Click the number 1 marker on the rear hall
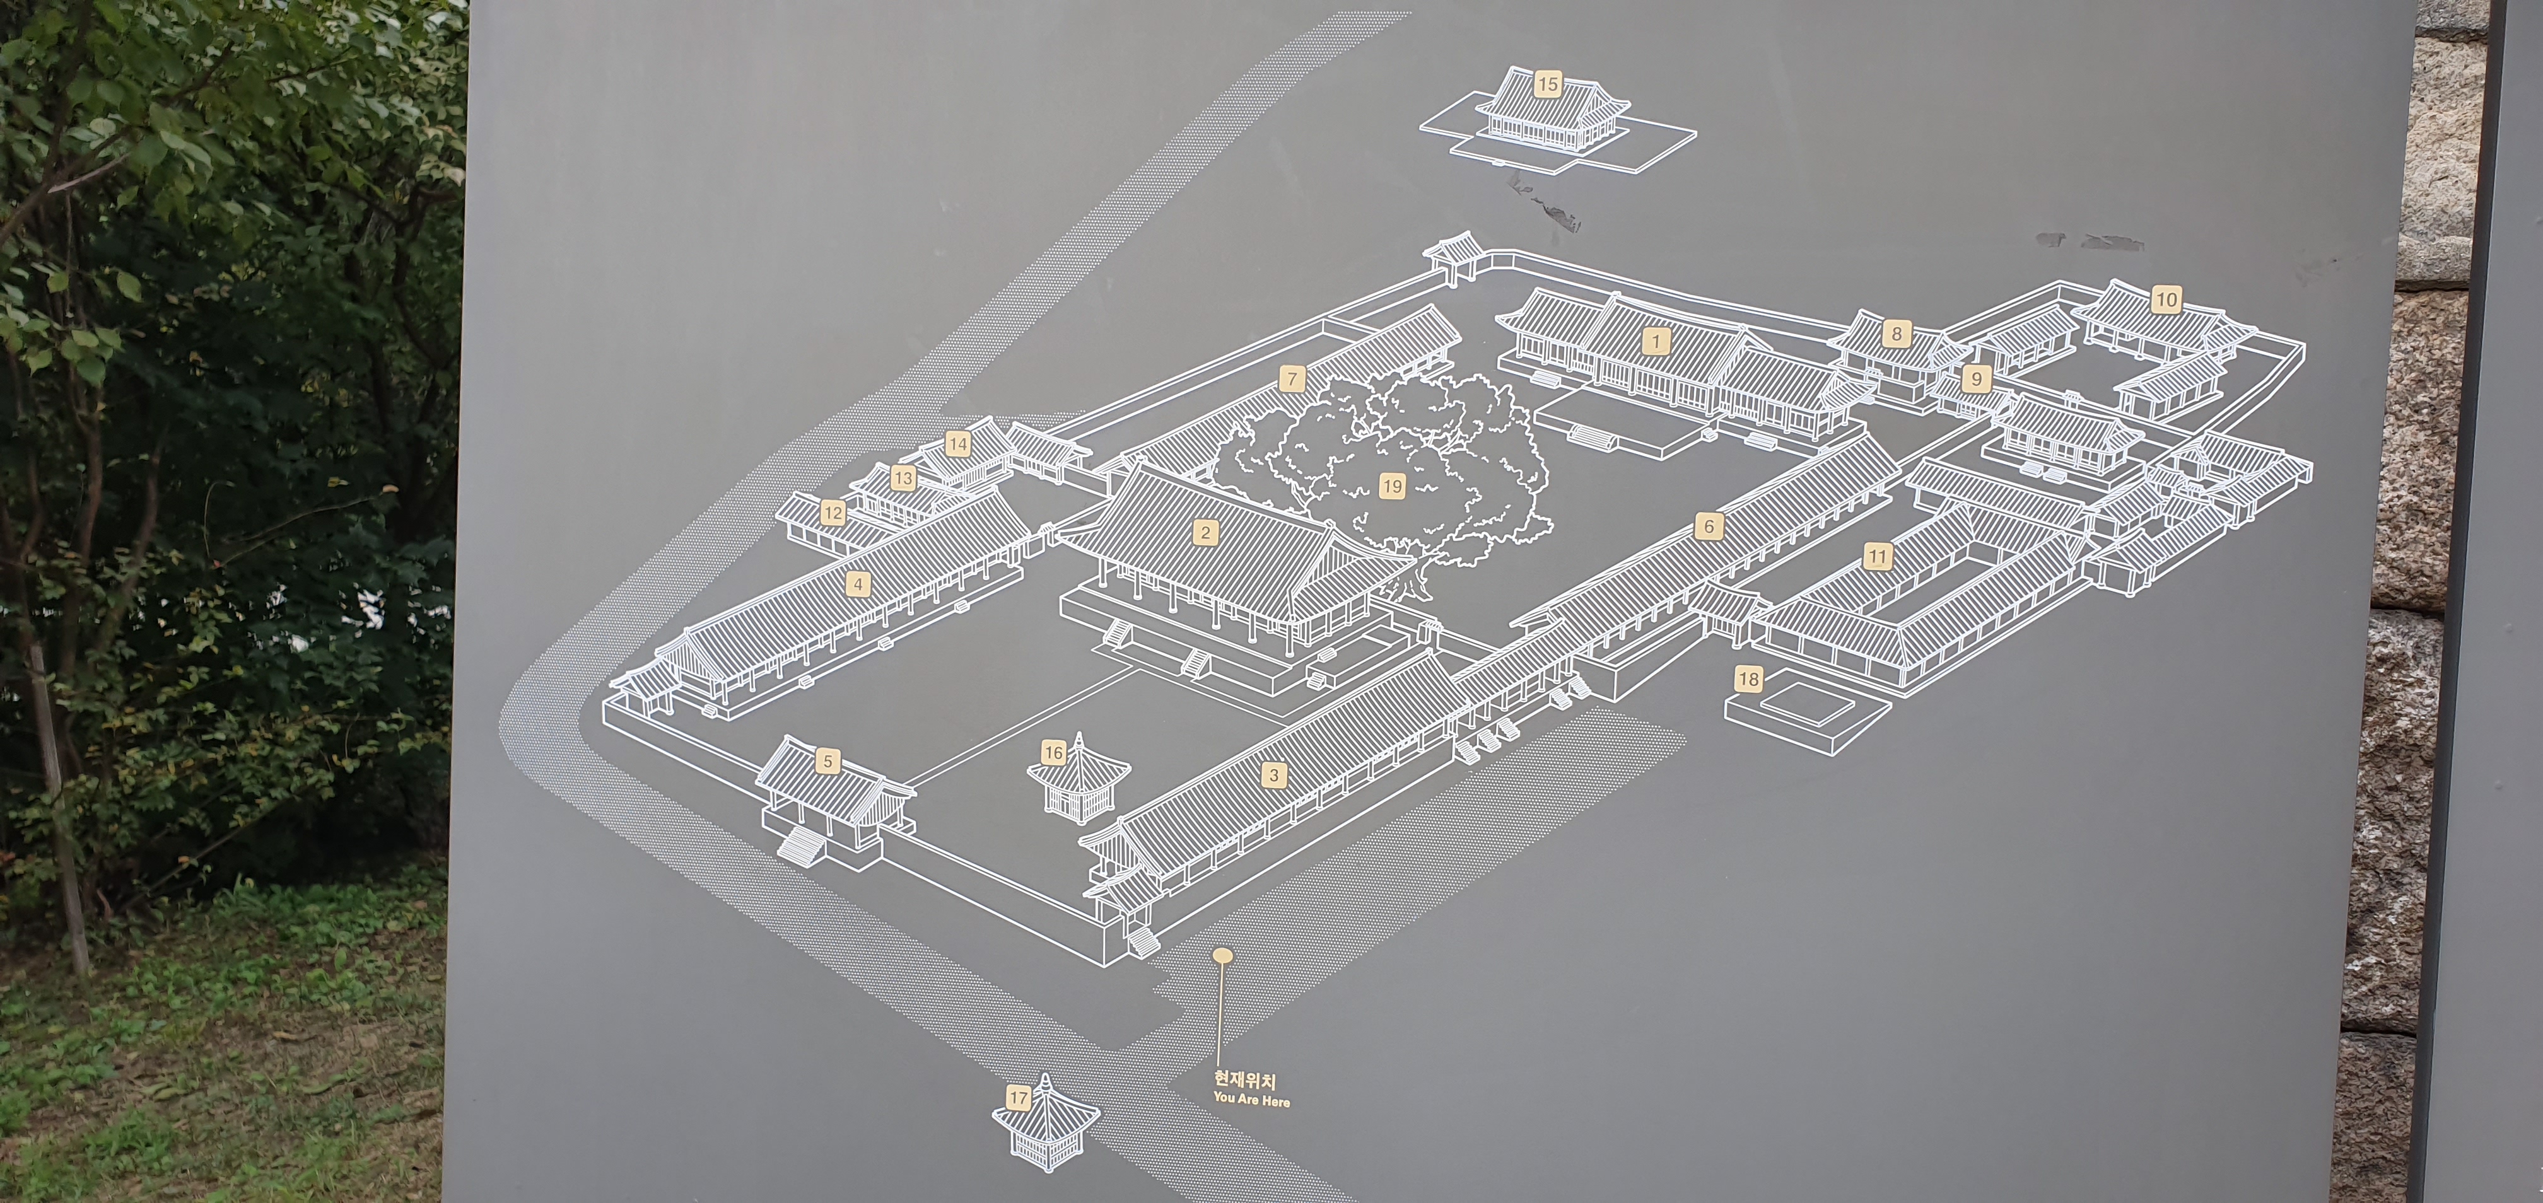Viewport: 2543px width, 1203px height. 1656,342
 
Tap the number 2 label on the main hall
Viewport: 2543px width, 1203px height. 1205,533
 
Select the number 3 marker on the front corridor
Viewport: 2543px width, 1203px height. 1273,775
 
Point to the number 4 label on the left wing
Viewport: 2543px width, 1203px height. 858,584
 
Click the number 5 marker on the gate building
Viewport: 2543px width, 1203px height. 828,761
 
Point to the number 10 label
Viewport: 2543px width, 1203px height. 2166,299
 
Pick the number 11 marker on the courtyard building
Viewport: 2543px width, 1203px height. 1876,557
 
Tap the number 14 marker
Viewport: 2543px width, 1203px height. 957,444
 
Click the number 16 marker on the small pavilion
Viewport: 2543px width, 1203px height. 1053,753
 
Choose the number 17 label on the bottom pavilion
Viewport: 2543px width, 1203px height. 1019,1098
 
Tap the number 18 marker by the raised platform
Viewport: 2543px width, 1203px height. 1748,679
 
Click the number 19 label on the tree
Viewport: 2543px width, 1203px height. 1392,485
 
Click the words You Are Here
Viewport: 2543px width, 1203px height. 1251,1100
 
